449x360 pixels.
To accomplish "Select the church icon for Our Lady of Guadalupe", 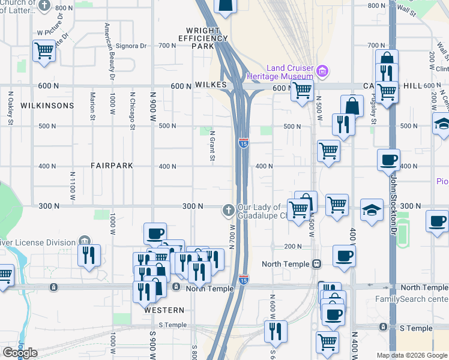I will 228,209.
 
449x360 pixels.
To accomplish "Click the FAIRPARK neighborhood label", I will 111,165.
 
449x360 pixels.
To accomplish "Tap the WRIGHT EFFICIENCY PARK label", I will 203,38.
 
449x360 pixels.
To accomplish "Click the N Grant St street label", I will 212,146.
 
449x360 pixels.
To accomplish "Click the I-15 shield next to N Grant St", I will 243,143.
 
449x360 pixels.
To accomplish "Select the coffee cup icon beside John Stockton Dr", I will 388,159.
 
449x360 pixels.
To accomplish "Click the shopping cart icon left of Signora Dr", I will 44,51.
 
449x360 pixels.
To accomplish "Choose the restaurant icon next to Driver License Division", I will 88,255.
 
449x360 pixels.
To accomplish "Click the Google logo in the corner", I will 20,353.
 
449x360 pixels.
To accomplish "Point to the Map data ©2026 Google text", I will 411,355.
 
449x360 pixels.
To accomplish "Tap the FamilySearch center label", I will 412,299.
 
